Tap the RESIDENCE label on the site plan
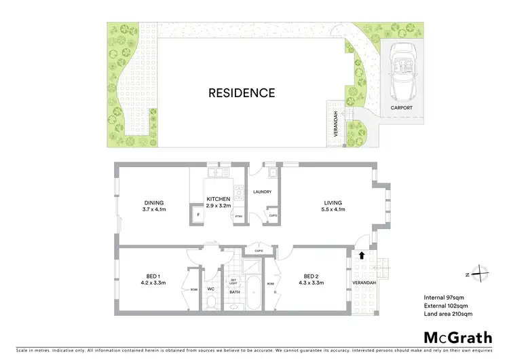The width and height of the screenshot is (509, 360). [242, 93]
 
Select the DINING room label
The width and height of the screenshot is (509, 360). [153, 202]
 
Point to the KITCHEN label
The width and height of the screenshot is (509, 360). [219, 199]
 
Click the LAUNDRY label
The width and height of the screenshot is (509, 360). [262, 192]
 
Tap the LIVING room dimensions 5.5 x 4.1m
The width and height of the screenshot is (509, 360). [333, 210]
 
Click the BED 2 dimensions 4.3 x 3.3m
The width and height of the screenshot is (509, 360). [312, 283]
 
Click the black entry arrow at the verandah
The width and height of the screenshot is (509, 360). [362, 256]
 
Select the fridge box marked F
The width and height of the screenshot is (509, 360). [198, 215]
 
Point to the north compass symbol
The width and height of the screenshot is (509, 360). [479, 274]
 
